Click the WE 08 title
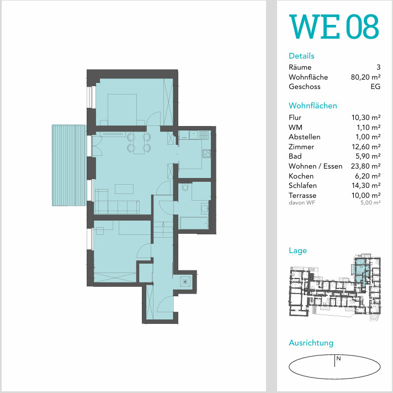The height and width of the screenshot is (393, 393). click(334, 27)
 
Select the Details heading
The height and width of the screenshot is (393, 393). click(301, 56)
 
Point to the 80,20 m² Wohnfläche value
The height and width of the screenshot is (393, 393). click(366, 77)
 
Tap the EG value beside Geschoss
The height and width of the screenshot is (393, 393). click(375, 87)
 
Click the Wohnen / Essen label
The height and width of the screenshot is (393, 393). click(315, 166)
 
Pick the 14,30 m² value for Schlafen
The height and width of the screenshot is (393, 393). click(366, 186)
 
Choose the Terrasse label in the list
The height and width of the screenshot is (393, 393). click(302, 195)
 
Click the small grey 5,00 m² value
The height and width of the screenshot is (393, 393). click(370, 202)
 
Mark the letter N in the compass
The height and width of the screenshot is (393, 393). click(338, 359)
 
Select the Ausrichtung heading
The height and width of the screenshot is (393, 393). click(311, 343)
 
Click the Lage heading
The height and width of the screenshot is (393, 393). click(298, 250)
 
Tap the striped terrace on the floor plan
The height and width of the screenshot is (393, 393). click(69, 165)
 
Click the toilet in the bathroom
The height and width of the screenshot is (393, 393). click(185, 187)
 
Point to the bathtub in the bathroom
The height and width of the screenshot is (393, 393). click(194, 223)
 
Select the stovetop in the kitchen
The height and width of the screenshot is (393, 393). click(206, 154)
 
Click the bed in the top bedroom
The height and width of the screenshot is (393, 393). click(123, 109)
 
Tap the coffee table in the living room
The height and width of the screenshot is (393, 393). click(124, 189)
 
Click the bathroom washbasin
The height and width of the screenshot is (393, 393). click(205, 208)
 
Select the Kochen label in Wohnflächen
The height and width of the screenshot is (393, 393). click(301, 176)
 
